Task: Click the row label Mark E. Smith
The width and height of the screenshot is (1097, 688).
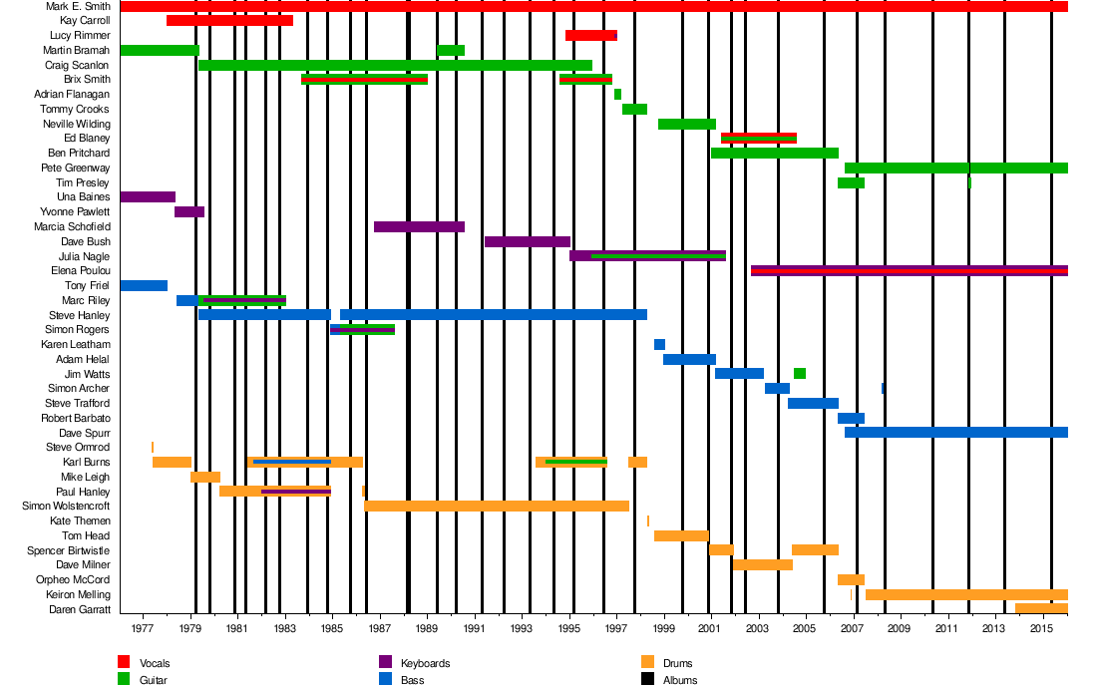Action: pyautogui.click(x=78, y=6)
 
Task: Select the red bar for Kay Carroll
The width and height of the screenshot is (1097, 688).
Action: pyautogui.click(x=229, y=21)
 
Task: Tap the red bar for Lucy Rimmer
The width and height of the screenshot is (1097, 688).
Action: pyautogui.click(x=590, y=36)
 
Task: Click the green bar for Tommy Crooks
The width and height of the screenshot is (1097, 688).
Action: pyautogui.click(x=634, y=109)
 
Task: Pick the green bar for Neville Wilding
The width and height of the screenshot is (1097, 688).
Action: pyautogui.click(x=686, y=124)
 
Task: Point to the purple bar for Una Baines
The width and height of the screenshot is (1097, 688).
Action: pyautogui.click(x=148, y=197)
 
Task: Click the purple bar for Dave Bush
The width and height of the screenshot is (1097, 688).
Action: pyautogui.click(x=527, y=241)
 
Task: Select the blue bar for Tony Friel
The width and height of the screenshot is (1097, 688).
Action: pyautogui.click(x=144, y=286)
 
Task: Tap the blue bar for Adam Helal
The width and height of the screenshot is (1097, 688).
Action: pyautogui.click(x=689, y=359)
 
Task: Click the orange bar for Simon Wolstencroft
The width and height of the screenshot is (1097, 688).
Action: pyautogui.click(x=497, y=507)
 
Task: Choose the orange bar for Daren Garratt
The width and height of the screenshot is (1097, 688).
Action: pyautogui.click(x=1041, y=609)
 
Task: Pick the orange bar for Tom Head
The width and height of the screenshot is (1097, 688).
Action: pyautogui.click(x=681, y=535)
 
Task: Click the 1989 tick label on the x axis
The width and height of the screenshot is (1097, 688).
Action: pyautogui.click(x=427, y=630)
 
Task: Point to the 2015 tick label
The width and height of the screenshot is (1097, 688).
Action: pyautogui.click(x=1042, y=630)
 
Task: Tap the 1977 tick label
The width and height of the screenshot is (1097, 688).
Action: pyautogui.click(x=142, y=630)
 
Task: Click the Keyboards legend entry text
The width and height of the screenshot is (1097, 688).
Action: pyautogui.click(x=425, y=663)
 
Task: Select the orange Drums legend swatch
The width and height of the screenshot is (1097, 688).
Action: pyautogui.click(x=646, y=662)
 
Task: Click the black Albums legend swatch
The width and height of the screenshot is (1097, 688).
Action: pyautogui.click(x=646, y=680)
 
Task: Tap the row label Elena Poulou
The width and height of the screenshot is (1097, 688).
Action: pyautogui.click(x=80, y=271)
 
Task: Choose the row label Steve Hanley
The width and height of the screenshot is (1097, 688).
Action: pyautogui.click(x=79, y=315)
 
